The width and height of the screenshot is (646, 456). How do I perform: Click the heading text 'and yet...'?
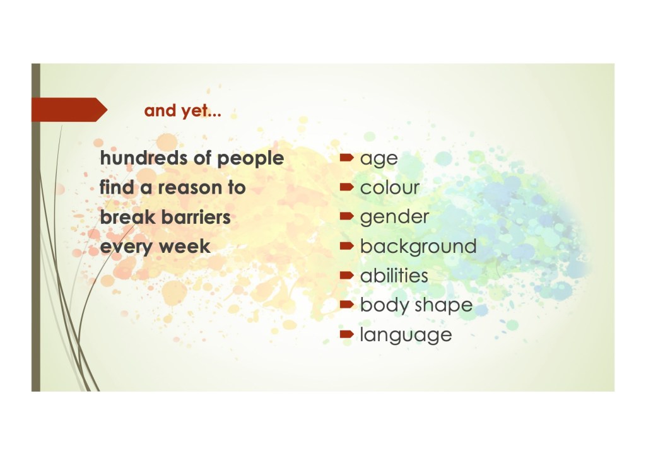click(182, 111)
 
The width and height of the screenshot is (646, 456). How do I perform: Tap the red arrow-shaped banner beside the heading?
click(69, 110)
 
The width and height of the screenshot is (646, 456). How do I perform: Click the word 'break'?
click(127, 217)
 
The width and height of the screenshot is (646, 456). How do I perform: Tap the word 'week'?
click(185, 247)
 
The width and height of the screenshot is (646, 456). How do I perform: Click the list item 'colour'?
click(390, 187)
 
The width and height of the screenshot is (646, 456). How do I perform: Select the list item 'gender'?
click(394, 218)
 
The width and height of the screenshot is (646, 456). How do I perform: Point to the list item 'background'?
click(418, 247)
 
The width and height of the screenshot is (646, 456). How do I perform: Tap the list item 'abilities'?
click(394, 276)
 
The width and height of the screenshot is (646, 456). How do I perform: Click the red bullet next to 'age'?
click(347, 157)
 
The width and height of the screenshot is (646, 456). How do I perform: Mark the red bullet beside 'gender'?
click(347, 216)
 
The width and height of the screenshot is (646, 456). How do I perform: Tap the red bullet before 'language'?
click(347, 334)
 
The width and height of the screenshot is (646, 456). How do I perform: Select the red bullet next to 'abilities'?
click(347, 275)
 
